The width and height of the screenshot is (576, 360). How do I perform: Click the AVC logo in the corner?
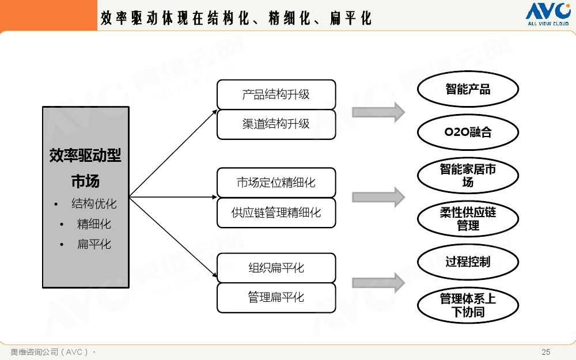pyautogui.click(x=548, y=14)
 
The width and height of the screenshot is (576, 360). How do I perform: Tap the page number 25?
pyautogui.click(x=546, y=352)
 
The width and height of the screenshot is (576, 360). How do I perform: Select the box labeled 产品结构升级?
pyautogui.click(x=276, y=94)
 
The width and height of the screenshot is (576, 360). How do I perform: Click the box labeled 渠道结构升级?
pyautogui.click(x=276, y=124)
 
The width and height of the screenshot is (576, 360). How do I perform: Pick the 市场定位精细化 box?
pyautogui.click(x=276, y=183)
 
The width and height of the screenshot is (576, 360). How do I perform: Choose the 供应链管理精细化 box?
pyautogui.click(x=276, y=213)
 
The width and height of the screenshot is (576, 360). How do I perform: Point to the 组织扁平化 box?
pyautogui.click(x=276, y=268)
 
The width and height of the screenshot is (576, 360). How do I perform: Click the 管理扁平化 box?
pyautogui.click(x=276, y=298)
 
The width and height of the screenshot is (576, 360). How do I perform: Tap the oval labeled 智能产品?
pyautogui.click(x=468, y=89)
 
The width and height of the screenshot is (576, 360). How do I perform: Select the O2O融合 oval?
pyautogui.click(x=468, y=132)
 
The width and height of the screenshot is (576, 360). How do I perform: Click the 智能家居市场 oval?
pyautogui.click(x=468, y=176)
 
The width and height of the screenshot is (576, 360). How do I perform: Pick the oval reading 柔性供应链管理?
pyautogui.click(x=468, y=218)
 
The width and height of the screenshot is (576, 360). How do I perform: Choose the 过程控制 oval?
pyautogui.click(x=468, y=262)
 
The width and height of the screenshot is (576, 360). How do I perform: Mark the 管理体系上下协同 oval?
pyautogui.click(x=468, y=305)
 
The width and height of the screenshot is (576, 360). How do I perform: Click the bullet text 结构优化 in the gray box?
pyautogui.click(x=94, y=204)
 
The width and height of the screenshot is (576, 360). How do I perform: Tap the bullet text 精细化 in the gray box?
pyautogui.click(x=94, y=224)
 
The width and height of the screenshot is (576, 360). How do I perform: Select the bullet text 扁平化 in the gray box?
pyautogui.click(x=94, y=244)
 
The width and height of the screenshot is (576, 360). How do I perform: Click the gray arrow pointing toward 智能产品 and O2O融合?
pyautogui.click(x=378, y=112)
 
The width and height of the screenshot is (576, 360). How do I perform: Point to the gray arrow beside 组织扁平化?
pyautogui.click(x=378, y=283)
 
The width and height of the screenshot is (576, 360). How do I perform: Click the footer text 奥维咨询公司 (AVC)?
pyautogui.click(x=49, y=352)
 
